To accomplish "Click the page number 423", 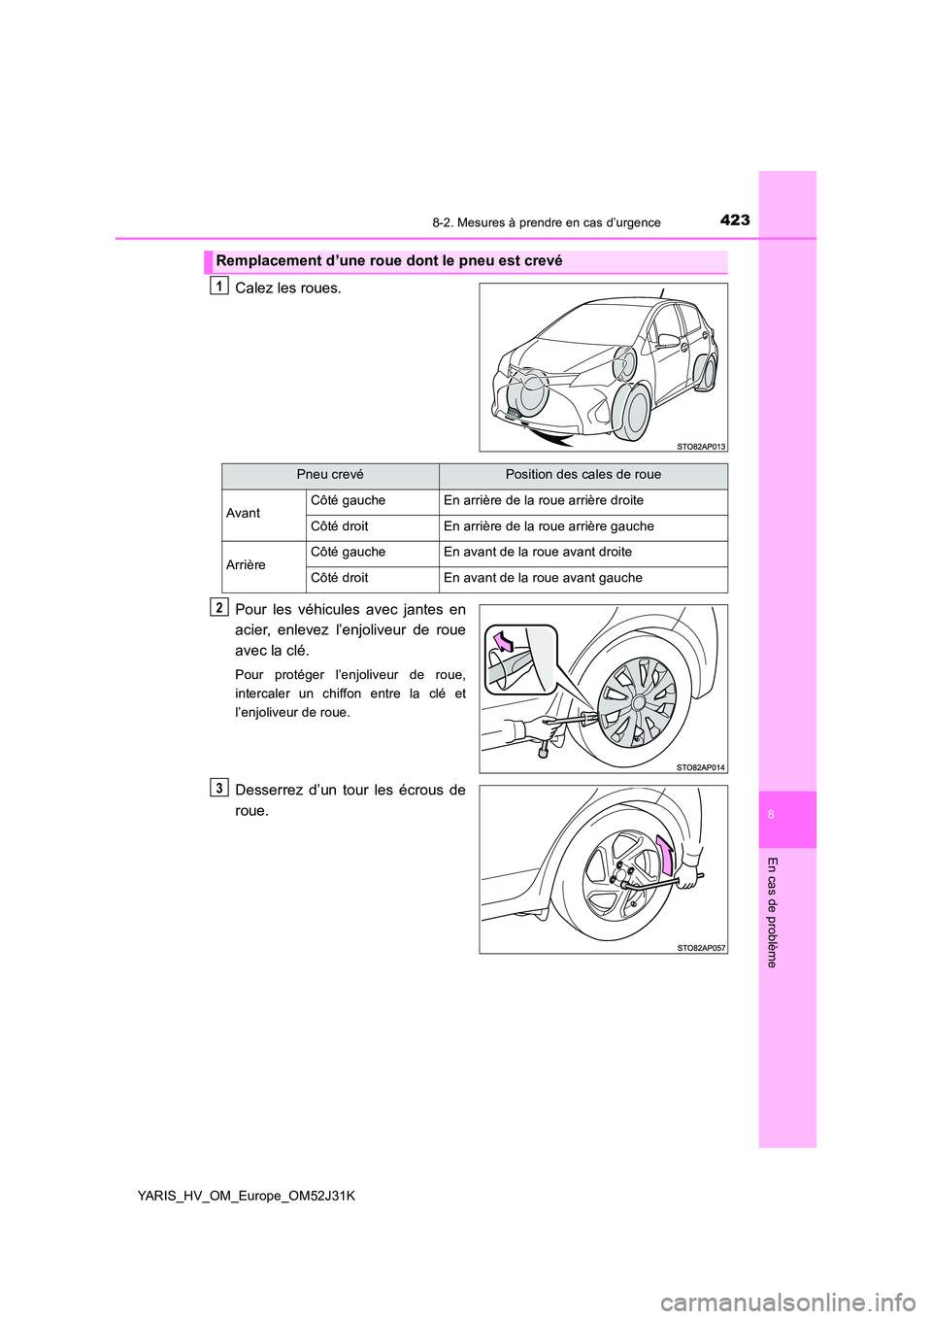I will point(735,220).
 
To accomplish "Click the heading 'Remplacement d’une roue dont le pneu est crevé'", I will point(389,260).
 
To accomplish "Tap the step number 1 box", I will point(220,286).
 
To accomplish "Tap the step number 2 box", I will point(220,607).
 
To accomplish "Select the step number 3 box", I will point(220,788).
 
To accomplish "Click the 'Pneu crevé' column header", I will point(330,475).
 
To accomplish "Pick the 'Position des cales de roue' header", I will point(582,475).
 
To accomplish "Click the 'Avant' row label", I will point(243,513).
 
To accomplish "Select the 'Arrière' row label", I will point(246,564).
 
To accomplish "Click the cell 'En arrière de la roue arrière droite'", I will point(543,500).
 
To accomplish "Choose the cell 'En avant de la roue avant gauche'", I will point(543,578).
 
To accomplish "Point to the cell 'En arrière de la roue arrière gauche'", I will point(549,526).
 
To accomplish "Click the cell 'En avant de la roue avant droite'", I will point(538,552).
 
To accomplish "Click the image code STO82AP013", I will point(700,447).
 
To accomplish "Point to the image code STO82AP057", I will point(700,947).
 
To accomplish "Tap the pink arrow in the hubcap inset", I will point(504,642).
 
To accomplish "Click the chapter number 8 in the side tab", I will point(771,815).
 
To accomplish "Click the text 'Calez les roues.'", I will point(288,288).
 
